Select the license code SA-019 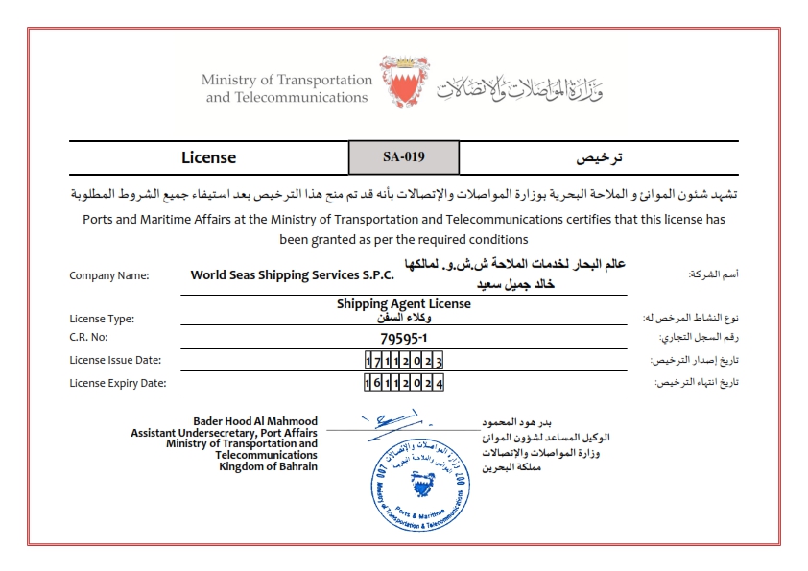click(x=403, y=157)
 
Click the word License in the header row click(x=208, y=157)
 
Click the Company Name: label click(x=109, y=276)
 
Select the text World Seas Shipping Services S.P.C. click(x=293, y=275)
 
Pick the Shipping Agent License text click(x=403, y=304)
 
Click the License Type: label click(x=102, y=319)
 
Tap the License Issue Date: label click(x=115, y=361)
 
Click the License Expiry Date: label click(x=118, y=383)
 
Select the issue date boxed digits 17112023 click(x=404, y=361)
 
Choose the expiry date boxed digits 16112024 click(x=404, y=383)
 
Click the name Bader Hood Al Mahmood click(x=255, y=421)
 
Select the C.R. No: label click(x=92, y=339)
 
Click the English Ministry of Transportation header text click(x=286, y=88)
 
